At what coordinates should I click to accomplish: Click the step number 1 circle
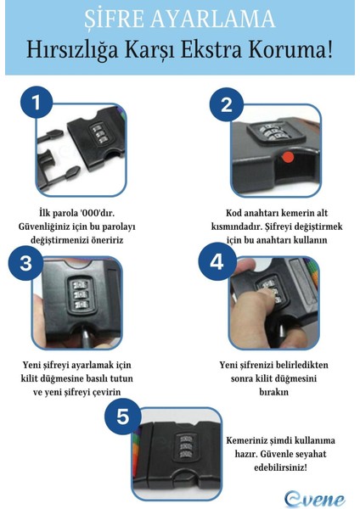pyautogui.click(x=37, y=103)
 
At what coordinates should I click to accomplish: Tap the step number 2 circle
pyautogui.click(x=227, y=104)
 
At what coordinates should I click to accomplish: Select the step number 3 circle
pyautogui.click(x=26, y=262)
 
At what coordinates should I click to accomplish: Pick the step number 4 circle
pyautogui.click(x=217, y=261)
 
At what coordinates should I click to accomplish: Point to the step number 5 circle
pyautogui.click(x=123, y=416)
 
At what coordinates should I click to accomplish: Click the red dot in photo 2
pyautogui.click(x=288, y=157)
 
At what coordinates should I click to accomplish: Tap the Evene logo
pyautogui.click(x=314, y=499)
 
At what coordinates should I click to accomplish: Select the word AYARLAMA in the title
pyautogui.click(x=213, y=19)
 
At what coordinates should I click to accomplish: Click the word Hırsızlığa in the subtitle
pyautogui.click(x=72, y=50)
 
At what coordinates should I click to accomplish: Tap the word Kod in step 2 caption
pyautogui.click(x=233, y=213)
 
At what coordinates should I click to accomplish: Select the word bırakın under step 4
pyautogui.click(x=273, y=391)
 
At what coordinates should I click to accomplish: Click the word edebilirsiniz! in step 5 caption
pyautogui.click(x=280, y=467)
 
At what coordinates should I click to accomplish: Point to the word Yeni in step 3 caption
pyautogui.click(x=31, y=365)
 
